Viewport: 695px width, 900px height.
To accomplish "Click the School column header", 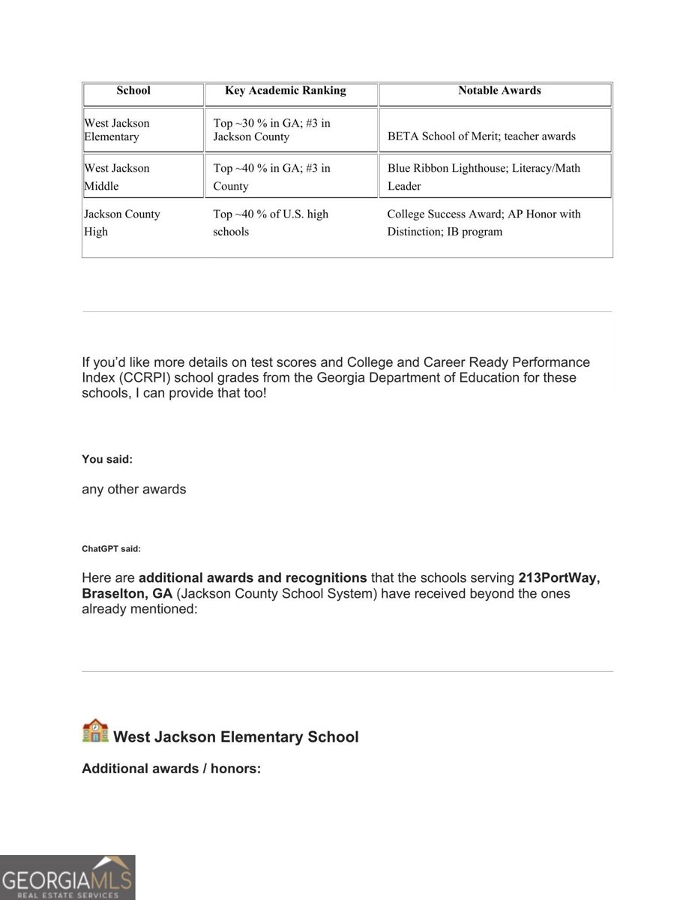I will pyautogui.click(x=133, y=91).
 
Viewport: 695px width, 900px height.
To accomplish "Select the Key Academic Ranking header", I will pyautogui.click(x=285, y=91).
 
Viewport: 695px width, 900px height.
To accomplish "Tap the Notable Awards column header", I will pyautogui.click(x=499, y=91).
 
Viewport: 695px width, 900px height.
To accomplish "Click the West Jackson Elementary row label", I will pyautogui.click(x=117, y=130).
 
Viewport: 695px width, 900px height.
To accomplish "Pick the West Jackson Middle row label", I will pyautogui.click(x=117, y=177).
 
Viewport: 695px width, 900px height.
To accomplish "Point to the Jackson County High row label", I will pyautogui.click(x=121, y=223).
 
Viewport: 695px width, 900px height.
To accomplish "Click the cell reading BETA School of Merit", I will pyautogui.click(x=481, y=136).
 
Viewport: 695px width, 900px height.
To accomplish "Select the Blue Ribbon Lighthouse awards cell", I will pyautogui.click(x=484, y=177).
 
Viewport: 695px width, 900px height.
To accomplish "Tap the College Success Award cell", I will pyautogui.click(x=484, y=223).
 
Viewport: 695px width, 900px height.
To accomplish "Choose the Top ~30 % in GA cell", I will pyautogui.click(x=271, y=130).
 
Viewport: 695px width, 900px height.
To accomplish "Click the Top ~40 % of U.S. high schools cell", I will pyautogui.click(x=271, y=223).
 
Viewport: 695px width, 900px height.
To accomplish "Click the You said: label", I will pyautogui.click(x=107, y=460).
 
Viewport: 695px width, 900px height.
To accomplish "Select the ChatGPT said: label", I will pyautogui.click(x=111, y=549).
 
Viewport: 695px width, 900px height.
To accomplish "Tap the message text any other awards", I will pyautogui.click(x=133, y=490).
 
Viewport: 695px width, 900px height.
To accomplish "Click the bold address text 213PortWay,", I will pyautogui.click(x=559, y=578).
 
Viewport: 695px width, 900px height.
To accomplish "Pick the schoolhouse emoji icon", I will pyautogui.click(x=95, y=731).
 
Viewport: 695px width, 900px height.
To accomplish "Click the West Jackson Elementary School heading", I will pyautogui.click(x=235, y=737).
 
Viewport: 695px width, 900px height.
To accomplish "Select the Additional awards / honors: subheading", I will pyautogui.click(x=171, y=769).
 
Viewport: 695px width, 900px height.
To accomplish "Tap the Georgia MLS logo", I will pyautogui.click(x=67, y=877).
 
